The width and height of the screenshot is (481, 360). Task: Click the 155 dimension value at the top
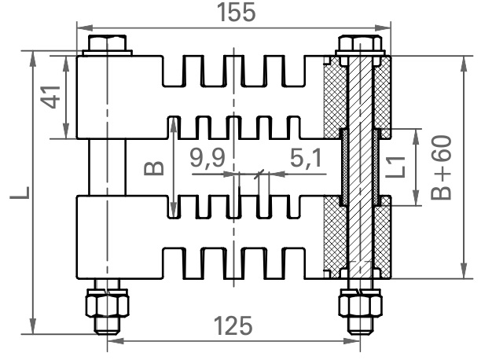(x=236, y=13)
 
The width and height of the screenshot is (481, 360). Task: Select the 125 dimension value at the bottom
(x=233, y=325)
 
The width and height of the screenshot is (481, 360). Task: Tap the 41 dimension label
(x=51, y=97)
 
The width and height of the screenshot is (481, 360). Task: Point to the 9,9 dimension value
(x=207, y=158)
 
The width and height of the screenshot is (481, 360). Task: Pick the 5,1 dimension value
(x=306, y=158)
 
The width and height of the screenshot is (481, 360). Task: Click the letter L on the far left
(x=20, y=193)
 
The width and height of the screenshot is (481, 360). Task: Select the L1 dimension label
(x=395, y=167)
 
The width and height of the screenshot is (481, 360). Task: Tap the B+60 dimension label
(x=441, y=167)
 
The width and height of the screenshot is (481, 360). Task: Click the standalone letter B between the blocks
(x=154, y=168)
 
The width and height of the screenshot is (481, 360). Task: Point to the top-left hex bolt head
(x=108, y=42)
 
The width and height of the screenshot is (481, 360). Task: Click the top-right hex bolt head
(x=360, y=43)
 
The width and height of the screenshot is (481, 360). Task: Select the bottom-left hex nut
(x=107, y=303)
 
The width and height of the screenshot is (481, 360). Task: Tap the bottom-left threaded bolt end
(x=107, y=325)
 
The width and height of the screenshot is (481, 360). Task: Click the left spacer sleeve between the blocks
(x=108, y=167)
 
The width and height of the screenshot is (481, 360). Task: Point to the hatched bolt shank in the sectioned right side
(x=360, y=167)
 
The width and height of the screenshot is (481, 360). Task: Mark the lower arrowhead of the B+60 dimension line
(x=464, y=270)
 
